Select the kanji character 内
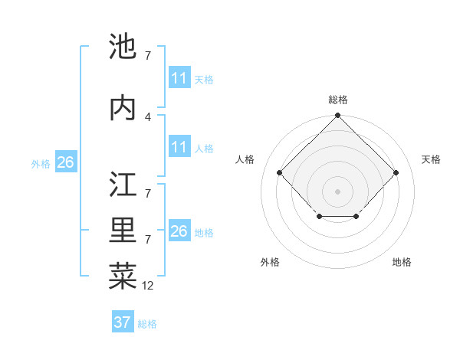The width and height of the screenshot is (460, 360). tap(123, 107)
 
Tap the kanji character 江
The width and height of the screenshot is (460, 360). tap(123, 185)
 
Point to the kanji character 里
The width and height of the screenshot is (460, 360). tap(123, 231)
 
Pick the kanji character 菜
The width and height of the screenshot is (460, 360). tap(123, 275)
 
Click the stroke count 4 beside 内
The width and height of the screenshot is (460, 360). tap(148, 116)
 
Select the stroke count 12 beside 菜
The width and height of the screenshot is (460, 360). tap(148, 285)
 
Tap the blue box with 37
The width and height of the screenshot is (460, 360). tap(123, 322)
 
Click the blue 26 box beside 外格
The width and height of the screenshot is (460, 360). tap(65, 162)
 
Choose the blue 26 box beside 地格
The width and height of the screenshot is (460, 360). tap(179, 231)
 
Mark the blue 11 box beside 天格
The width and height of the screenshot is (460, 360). tap(179, 78)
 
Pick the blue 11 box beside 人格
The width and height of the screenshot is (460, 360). tap(179, 147)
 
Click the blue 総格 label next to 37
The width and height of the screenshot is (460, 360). tap(147, 324)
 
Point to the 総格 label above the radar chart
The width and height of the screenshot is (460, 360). tap(337, 100)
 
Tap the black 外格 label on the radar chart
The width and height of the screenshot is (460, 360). tap(270, 262)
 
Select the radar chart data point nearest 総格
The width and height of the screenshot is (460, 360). tap(337, 116)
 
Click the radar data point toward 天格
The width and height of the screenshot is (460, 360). tap(396, 173)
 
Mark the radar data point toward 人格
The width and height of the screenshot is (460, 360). tap(279, 173)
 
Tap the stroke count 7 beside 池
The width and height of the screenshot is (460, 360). tap(148, 55)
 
